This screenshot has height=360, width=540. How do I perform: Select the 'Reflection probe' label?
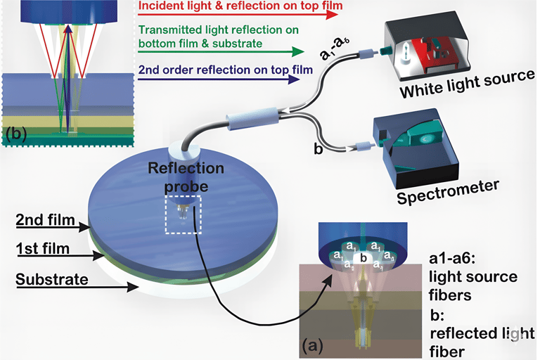click(x=186, y=177)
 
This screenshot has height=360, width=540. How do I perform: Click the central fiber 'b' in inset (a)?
click(x=363, y=258)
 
